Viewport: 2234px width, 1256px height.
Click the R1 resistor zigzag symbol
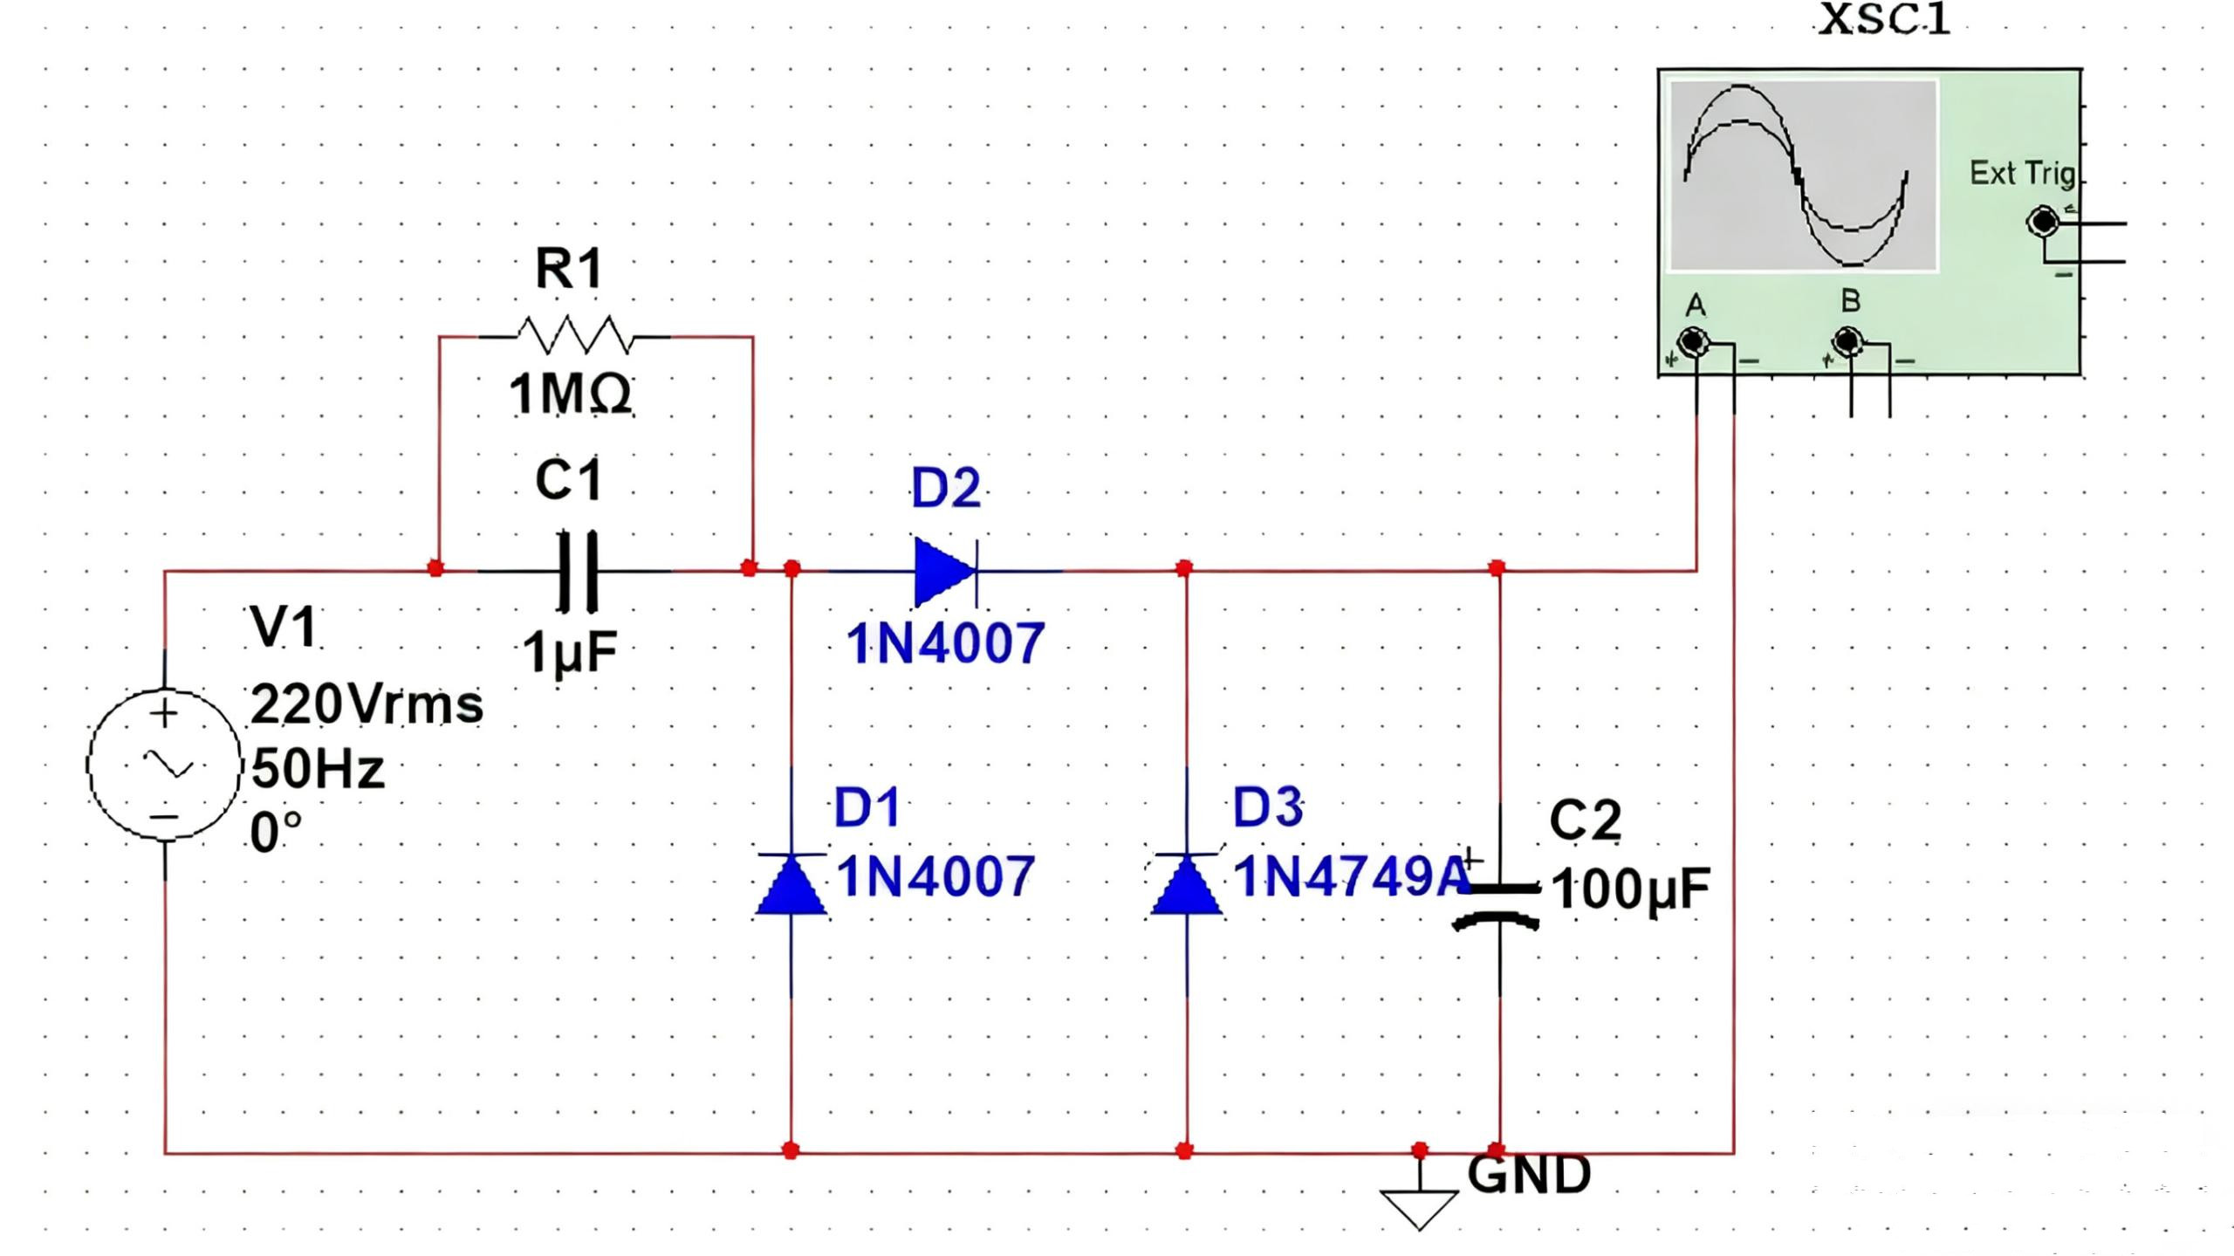[573, 335]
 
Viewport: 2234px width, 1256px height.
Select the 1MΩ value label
[570, 394]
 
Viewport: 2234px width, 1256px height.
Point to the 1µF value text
[570, 651]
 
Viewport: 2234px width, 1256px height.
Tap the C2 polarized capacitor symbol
[1497, 903]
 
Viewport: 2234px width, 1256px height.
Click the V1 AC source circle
[164, 765]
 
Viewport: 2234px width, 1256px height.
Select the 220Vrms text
[367, 704]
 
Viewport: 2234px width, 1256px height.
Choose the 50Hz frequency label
[318, 769]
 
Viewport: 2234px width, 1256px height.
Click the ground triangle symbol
[1419, 1207]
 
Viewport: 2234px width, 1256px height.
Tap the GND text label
[1529, 1174]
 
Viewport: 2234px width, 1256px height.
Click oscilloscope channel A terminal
[1694, 341]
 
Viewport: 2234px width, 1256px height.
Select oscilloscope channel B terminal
[1847, 341]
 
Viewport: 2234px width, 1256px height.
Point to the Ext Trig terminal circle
[2042, 222]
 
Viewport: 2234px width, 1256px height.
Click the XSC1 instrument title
[1883, 19]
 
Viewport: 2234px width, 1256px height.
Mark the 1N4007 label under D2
[945, 643]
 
